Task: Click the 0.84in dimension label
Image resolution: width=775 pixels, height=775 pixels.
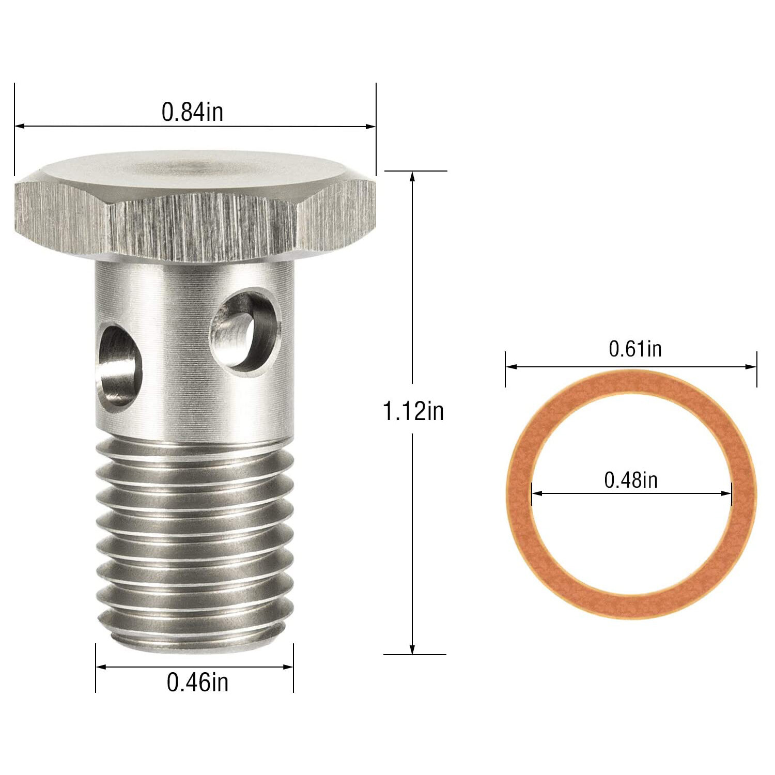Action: coord(192,112)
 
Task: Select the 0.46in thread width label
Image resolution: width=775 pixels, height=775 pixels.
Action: coord(197,682)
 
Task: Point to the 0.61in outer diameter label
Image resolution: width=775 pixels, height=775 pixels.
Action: coord(635,349)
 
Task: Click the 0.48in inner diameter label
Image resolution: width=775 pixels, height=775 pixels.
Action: coord(631,480)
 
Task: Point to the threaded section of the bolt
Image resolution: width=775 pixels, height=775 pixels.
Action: coord(195,537)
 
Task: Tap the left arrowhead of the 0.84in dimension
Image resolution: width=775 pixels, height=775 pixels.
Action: coord(19,126)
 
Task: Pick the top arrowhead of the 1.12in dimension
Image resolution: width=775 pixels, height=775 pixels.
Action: coord(412,176)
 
